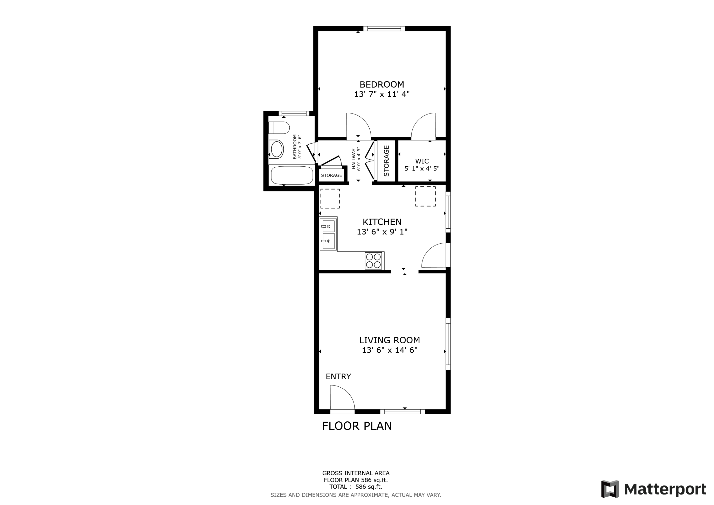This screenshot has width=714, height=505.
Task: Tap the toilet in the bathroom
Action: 279,128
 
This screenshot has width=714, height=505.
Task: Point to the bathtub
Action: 292,175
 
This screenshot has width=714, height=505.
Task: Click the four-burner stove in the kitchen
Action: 373,261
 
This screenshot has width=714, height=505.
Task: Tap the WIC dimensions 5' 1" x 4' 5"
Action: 422,169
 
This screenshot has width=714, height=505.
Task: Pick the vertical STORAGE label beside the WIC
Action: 387,161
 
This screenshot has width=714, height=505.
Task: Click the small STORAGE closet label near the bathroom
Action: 331,175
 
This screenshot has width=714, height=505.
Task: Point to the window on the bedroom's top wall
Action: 384,29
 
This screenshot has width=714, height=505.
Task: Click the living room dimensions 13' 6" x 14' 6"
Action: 389,350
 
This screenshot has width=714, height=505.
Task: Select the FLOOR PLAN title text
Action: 357,426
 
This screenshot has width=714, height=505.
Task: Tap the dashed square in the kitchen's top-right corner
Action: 425,196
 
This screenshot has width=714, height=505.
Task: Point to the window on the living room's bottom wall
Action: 402,412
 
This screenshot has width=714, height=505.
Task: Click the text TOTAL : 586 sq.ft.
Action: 355,487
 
